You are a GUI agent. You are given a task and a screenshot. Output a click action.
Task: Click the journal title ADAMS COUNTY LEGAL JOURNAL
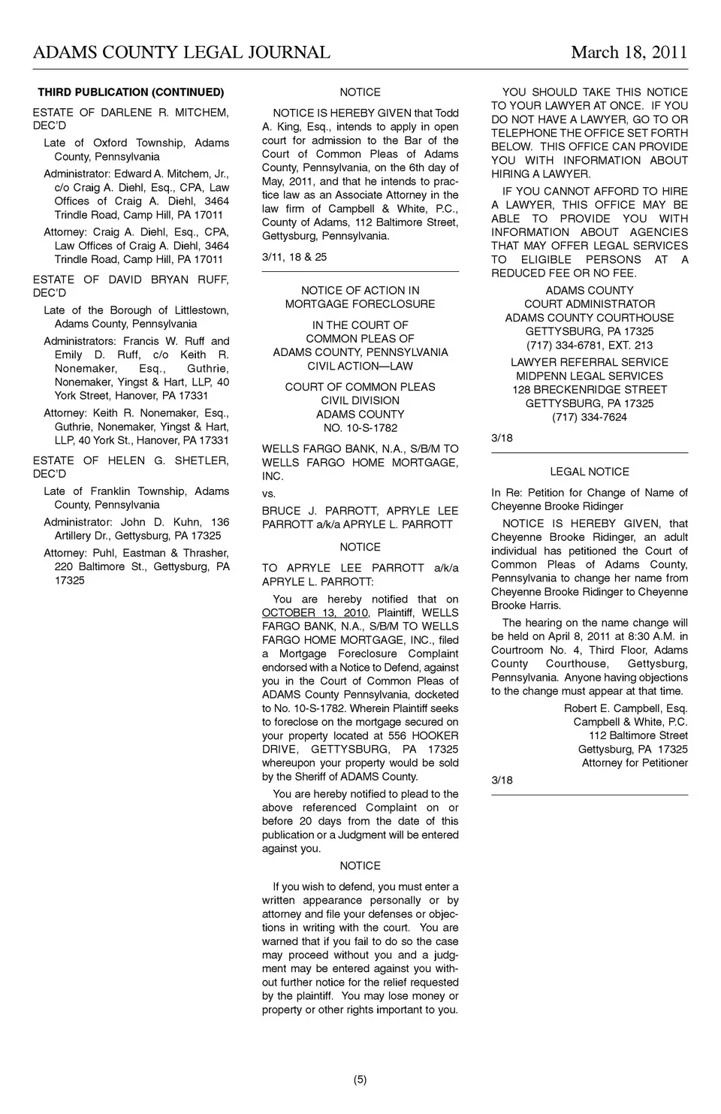point(181,52)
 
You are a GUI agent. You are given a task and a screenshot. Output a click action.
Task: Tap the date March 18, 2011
point(629,52)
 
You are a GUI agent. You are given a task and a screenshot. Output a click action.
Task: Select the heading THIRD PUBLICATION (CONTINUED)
point(131,92)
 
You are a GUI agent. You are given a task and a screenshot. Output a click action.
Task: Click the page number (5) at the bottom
point(360,1080)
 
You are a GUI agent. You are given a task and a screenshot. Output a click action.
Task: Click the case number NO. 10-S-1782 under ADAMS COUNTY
point(360,428)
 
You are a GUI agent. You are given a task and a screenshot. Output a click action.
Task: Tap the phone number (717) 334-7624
point(590,418)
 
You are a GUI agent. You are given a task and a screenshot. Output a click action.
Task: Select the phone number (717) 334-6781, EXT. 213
point(590,346)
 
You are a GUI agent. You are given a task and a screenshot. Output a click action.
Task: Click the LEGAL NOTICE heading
point(590,472)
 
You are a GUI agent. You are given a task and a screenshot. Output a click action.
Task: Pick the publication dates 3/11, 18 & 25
point(294,257)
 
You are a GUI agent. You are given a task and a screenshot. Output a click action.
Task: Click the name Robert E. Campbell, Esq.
point(626,708)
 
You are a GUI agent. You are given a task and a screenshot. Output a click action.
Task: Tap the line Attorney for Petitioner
point(635,763)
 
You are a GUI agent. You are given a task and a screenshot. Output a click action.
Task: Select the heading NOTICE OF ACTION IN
point(360,291)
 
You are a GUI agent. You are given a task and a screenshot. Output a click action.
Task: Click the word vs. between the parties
point(269,494)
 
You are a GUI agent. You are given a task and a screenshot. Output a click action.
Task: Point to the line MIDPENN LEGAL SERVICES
point(590,376)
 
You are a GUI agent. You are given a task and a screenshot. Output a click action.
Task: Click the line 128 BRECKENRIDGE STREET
point(590,390)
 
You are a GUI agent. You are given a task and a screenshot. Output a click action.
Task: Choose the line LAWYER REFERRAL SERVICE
point(590,362)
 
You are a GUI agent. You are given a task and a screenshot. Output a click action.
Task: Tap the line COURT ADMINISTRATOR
point(590,304)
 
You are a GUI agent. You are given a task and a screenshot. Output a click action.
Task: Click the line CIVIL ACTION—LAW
point(360,366)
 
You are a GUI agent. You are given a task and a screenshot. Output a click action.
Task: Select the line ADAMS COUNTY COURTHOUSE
point(590,318)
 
